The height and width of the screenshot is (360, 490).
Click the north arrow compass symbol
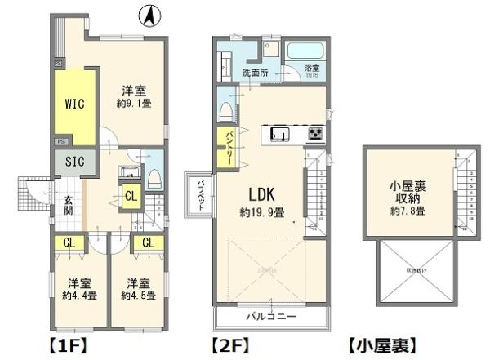pos(149,14)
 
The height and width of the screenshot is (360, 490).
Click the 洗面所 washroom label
pos(255,73)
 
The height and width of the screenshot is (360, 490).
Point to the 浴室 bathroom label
pos(312,69)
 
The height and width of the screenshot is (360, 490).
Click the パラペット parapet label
pos(199,195)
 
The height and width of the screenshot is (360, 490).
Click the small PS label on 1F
pos(60,141)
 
